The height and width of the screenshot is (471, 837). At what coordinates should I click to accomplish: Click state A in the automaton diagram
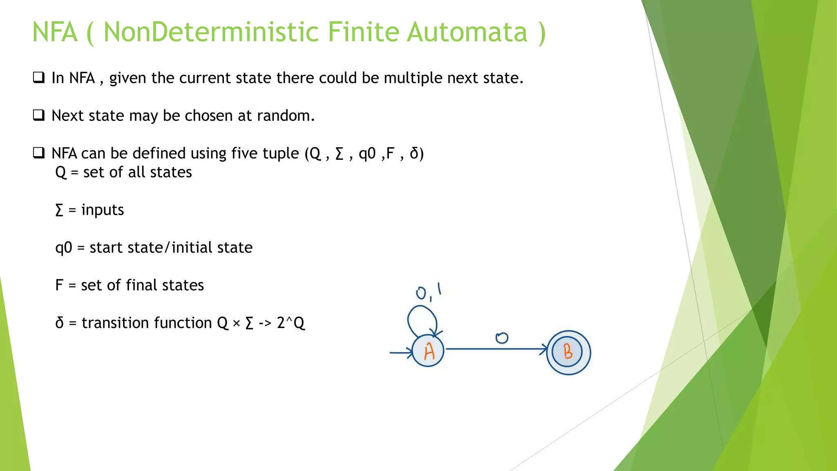428,351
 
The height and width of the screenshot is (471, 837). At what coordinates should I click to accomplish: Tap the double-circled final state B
568,352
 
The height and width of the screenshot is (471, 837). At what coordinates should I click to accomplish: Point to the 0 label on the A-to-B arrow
501,338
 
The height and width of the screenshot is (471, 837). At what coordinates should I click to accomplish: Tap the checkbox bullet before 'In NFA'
39,77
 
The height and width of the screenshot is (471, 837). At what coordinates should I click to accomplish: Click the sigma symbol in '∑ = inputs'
59,210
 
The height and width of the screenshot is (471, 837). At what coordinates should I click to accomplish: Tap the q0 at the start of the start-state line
64,248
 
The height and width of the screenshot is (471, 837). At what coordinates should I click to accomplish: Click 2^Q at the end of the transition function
291,323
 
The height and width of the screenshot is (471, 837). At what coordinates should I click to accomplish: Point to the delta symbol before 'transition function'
60,323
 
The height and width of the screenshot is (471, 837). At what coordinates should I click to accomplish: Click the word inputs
103,210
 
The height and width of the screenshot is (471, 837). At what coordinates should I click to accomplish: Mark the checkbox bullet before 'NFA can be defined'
39,153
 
